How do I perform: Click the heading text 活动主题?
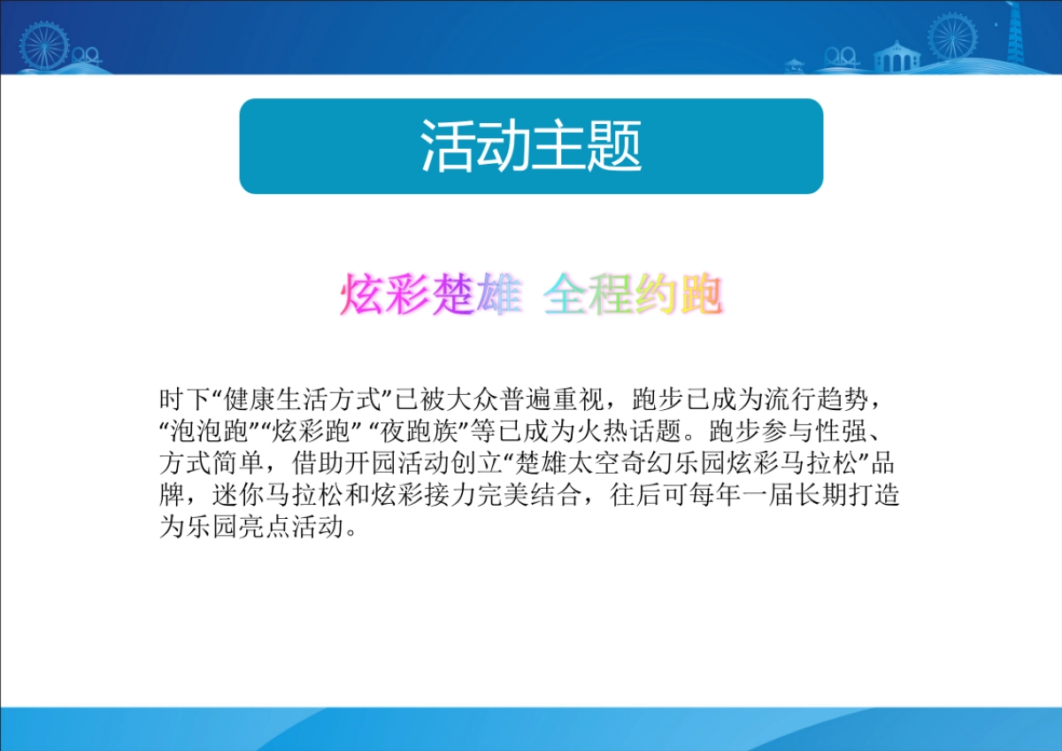(x=531, y=146)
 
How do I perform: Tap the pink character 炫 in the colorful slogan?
(x=361, y=295)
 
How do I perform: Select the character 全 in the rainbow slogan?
(x=566, y=295)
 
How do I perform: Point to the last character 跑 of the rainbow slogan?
(x=700, y=295)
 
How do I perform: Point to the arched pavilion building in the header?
(x=897, y=57)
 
